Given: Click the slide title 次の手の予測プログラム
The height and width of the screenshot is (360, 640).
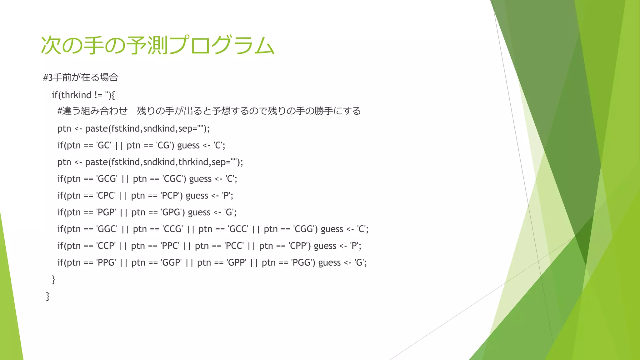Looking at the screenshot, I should click(157, 46).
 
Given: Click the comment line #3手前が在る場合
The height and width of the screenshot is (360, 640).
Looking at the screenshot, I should click(81, 77).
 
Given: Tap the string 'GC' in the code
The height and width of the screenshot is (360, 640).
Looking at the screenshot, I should click(104, 145).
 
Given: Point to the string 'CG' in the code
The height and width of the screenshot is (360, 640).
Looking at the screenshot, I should click(163, 145).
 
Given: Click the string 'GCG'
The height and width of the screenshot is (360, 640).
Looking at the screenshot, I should click(107, 179).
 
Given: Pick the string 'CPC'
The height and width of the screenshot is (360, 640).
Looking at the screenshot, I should click(106, 196).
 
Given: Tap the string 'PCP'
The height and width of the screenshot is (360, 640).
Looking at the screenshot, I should click(170, 196).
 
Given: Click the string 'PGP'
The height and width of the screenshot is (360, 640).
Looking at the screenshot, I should click(106, 212).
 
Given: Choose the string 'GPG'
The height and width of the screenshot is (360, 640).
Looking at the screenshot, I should click(171, 212).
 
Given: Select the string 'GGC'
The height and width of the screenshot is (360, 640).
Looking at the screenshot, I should click(107, 229).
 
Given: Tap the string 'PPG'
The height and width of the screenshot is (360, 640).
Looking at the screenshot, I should click(106, 262).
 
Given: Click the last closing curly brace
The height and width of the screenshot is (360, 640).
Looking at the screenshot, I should click(48, 296).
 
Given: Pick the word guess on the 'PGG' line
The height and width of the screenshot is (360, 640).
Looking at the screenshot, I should click(329, 262).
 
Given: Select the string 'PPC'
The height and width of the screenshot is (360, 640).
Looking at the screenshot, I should click(170, 246).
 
